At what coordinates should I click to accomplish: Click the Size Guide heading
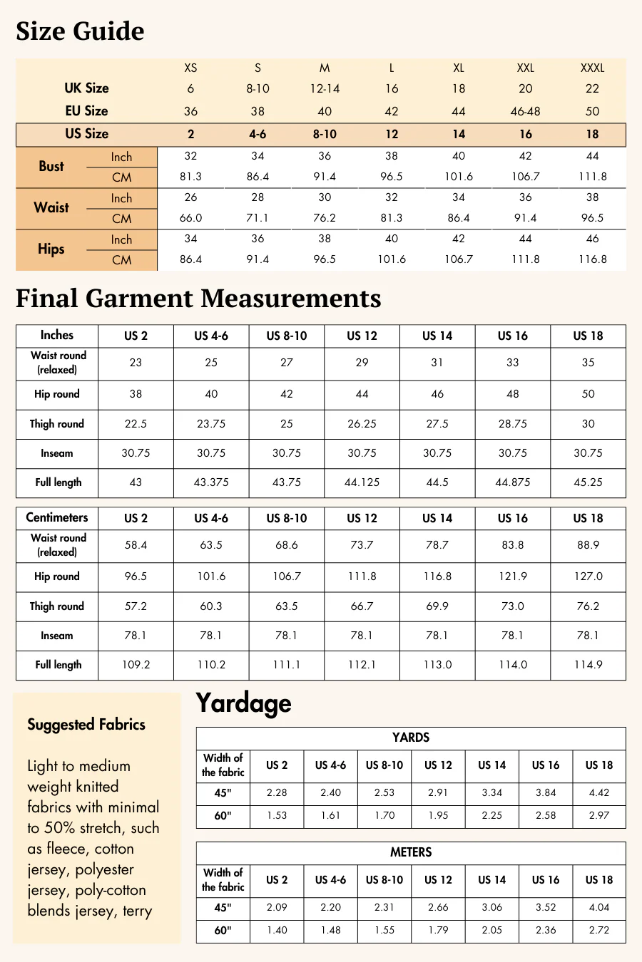[x=80, y=31]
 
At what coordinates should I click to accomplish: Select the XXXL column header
[x=592, y=68]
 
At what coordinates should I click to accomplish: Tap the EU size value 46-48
[x=525, y=111]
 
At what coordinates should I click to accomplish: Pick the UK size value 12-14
[x=325, y=89]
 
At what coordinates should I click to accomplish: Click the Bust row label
[x=51, y=166]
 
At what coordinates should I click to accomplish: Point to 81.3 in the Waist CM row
[x=392, y=218]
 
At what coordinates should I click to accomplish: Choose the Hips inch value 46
[x=592, y=239]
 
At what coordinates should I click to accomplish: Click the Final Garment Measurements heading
[x=198, y=299]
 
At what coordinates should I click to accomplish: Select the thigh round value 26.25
[x=362, y=424]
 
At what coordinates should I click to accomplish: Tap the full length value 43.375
[x=211, y=482]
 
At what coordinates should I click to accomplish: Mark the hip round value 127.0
[x=588, y=576]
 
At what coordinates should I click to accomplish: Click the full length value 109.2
[x=136, y=665]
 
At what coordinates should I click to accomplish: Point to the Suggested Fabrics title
[x=86, y=725]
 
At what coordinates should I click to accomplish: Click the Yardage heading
[x=243, y=703]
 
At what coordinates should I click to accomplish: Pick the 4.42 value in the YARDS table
[x=598, y=793]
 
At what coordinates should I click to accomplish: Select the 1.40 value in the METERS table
[x=277, y=930]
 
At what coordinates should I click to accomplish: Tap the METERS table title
[x=411, y=852]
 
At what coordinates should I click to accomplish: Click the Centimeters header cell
[x=57, y=518]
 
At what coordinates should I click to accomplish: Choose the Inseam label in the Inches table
[x=57, y=453]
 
